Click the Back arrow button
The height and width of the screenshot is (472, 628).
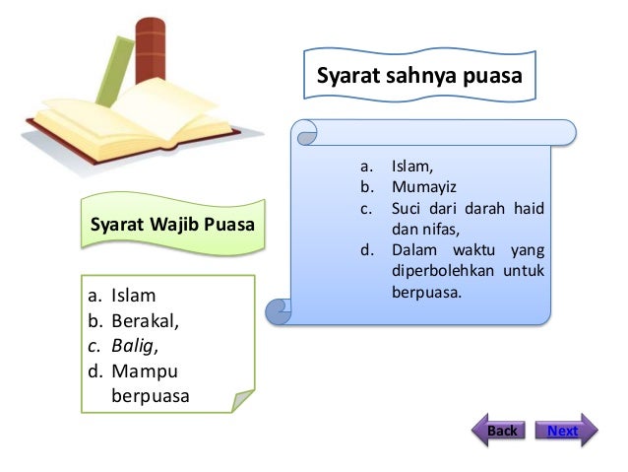click(502, 431)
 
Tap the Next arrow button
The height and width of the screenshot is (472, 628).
click(564, 431)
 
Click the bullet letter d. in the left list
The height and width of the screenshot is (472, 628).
click(94, 371)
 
